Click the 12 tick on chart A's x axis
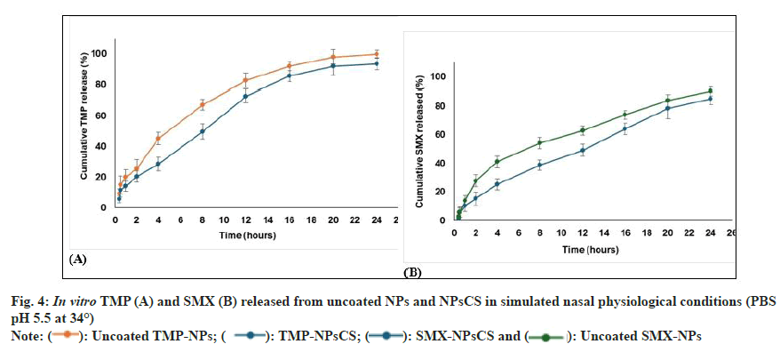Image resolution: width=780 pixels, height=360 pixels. [x=245, y=220]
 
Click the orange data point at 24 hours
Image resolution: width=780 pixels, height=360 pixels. [x=377, y=54]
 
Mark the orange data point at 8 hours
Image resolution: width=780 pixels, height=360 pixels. [x=203, y=105]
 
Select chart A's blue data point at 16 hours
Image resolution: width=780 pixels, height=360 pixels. [x=289, y=76]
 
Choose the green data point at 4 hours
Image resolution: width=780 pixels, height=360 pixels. [x=497, y=162]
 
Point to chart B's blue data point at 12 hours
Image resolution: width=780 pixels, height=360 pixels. [x=583, y=150]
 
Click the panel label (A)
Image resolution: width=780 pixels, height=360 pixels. [x=77, y=259]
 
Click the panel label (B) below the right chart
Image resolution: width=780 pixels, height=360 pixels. [x=413, y=271]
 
